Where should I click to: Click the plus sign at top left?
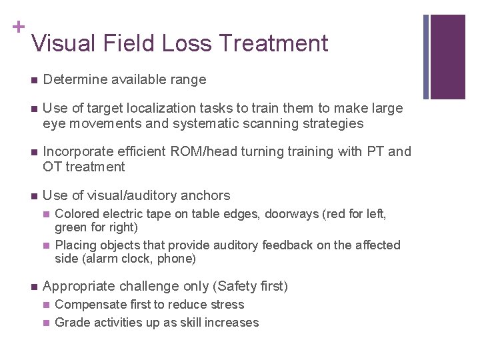click(x=17, y=26)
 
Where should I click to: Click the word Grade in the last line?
click(x=71, y=323)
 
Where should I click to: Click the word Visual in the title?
click(x=64, y=43)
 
